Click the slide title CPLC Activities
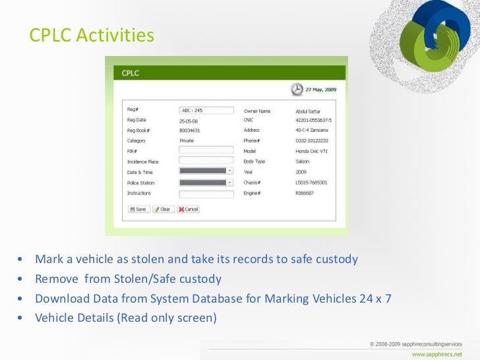[x=92, y=35]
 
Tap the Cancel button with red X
[x=189, y=209]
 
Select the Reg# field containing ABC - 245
[x=206, y=111]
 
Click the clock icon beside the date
[x=297, y=89]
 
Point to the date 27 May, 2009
[x=320, y=90]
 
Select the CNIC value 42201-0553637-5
[x=313, y=121]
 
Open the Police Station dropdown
[x=229, y=183]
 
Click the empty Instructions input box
[x=206, y=194]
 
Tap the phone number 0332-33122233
[x=312, y=140]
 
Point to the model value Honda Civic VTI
[x=313, y=150]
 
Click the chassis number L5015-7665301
[x=311, y=183]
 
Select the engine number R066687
[x=305, y=193]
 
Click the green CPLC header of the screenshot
[x=225, y=73]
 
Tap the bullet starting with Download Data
[x=213, y=298]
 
